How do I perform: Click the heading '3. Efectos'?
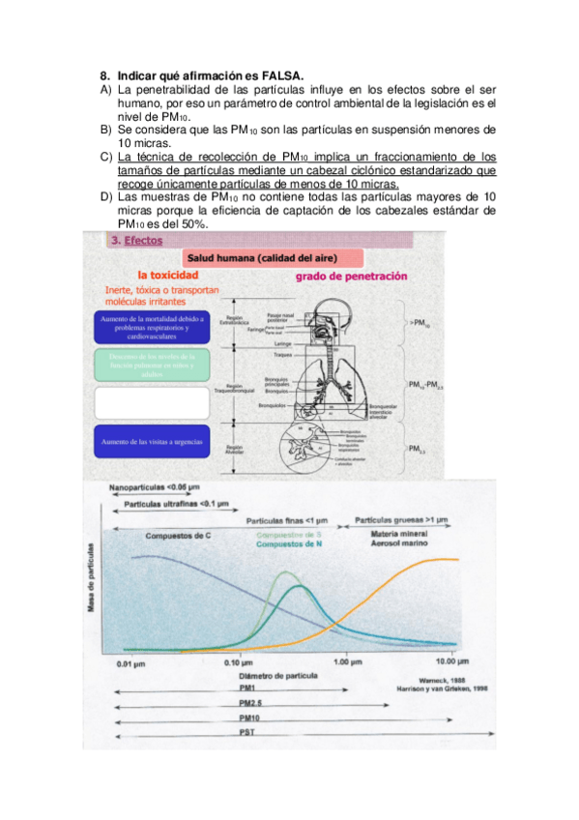pos(137,241)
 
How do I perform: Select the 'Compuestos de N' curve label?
pos(288,545)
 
